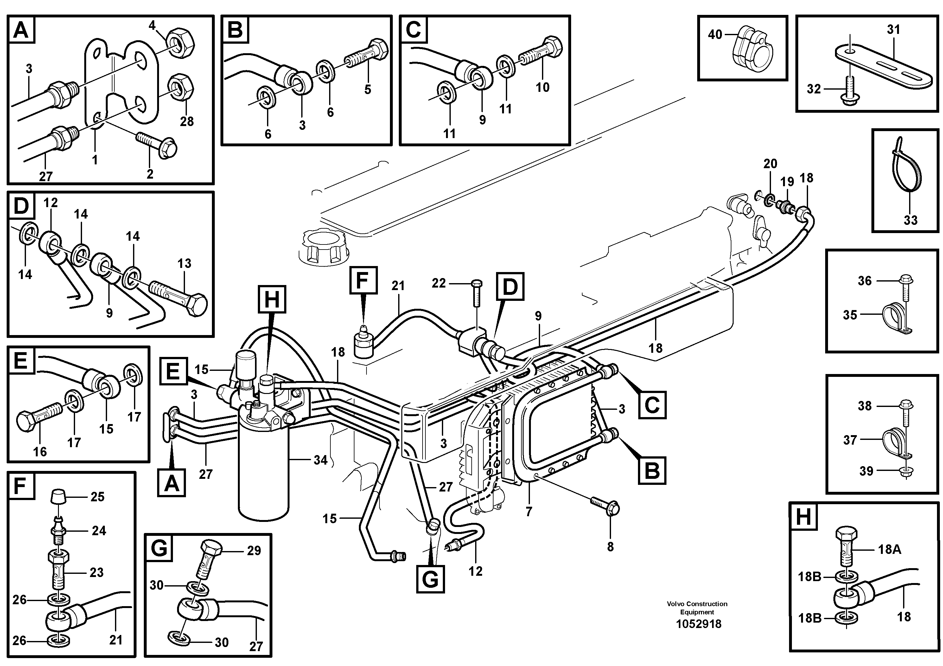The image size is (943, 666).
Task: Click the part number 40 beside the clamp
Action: [715, 35]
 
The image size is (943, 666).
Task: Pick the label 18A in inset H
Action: [889, 549]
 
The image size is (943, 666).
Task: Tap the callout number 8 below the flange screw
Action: [610, 547]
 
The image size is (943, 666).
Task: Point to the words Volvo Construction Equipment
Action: [697, 608]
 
